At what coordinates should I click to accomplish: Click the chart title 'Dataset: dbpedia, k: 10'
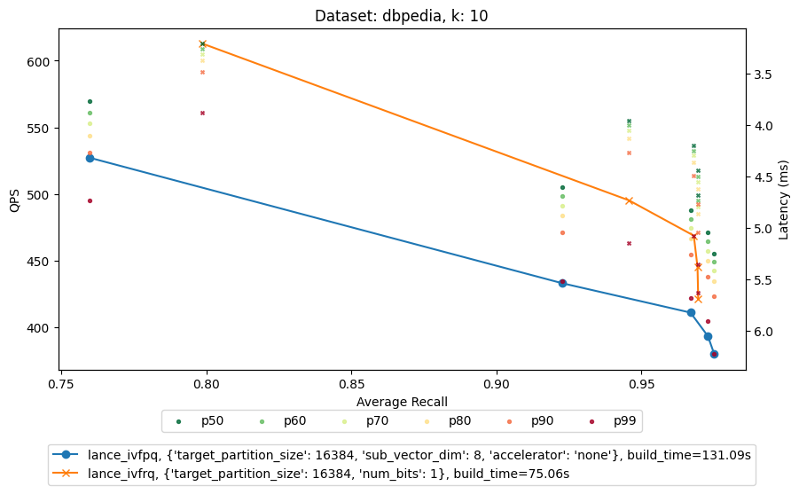click(402, 15)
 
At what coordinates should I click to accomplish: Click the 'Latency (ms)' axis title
click(783, 200)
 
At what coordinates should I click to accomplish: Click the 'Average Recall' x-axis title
click(402, 402)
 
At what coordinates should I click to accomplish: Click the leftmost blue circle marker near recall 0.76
click(90, 158)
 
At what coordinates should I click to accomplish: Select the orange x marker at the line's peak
click(202, 43)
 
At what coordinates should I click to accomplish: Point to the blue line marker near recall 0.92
click(562, 283)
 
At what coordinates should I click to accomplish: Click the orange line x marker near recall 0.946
click(629, 200)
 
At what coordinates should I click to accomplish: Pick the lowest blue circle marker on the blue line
click(714, 354)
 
